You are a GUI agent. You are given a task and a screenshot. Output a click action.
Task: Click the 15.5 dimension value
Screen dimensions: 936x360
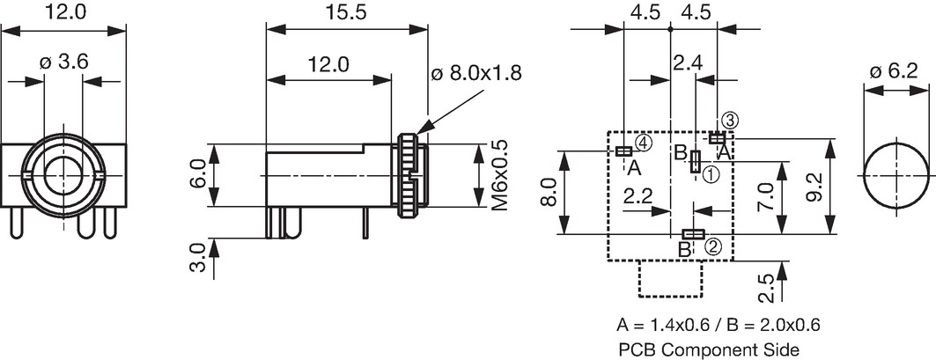(347, 13)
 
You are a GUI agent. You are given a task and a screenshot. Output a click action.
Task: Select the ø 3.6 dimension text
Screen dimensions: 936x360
(64, 62)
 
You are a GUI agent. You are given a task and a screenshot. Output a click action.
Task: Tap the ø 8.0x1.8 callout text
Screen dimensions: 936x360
(475, 73)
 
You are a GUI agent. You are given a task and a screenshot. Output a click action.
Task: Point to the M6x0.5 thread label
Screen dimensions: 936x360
(499, 175)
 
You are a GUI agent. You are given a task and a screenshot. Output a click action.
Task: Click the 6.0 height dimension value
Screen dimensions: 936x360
(199, 175)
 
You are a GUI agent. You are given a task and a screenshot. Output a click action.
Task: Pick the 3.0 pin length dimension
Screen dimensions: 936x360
(199, 258)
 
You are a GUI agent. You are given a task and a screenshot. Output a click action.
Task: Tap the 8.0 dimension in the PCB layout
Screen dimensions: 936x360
(549, 192)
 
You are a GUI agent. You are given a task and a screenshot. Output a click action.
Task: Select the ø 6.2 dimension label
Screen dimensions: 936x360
(894, 71)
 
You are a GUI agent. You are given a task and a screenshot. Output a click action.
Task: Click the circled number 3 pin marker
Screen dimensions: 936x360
(729, 120)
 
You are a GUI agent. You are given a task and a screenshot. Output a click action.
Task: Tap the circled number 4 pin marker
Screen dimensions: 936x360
(643, 142)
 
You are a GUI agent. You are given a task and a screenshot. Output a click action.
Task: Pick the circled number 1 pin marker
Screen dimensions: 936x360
(711, 174)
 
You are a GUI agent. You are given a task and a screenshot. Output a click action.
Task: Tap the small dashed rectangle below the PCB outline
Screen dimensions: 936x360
(670, 278)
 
